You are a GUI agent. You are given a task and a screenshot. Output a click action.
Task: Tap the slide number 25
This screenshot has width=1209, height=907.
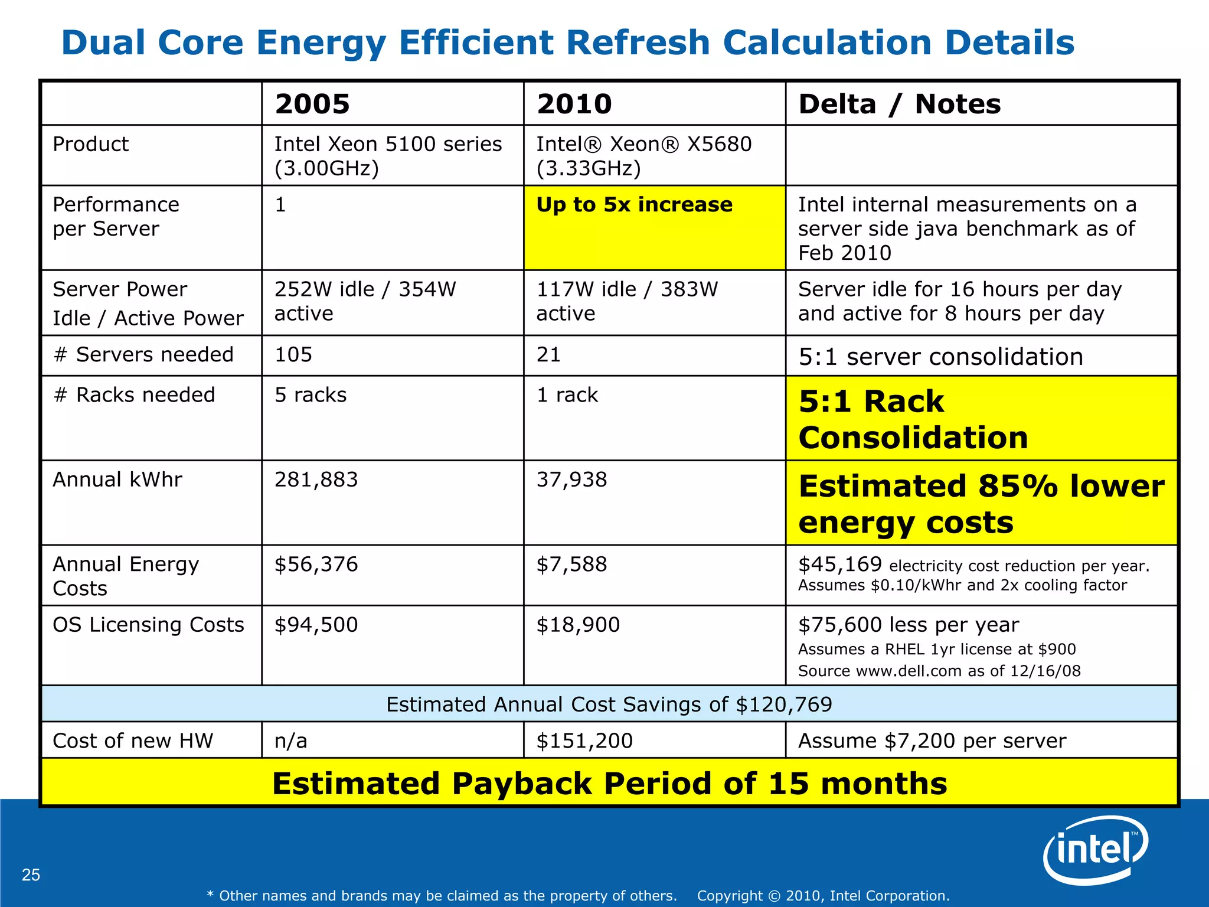(x=31, y=875)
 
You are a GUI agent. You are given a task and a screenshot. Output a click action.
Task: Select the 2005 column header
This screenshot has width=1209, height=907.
(x=312, y=104)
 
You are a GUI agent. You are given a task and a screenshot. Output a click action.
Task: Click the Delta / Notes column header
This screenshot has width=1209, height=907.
(x=899, y=104)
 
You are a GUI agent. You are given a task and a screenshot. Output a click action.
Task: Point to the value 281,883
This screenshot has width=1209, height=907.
(x=316, y=479)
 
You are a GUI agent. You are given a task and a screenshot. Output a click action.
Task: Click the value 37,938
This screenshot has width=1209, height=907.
(x=571, y=479)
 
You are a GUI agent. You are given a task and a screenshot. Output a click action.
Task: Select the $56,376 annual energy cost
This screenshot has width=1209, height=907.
(x=316, y=565)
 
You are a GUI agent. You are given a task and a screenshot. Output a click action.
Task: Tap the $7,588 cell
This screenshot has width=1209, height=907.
(x=571, y=565)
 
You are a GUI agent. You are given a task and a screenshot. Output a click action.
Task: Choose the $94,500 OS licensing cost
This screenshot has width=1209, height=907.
(x=316, y=625)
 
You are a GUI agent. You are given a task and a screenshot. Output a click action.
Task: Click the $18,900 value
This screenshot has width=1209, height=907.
(x=578, y=625)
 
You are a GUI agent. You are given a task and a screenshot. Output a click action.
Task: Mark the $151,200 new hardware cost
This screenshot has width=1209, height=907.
(x=584, y=740)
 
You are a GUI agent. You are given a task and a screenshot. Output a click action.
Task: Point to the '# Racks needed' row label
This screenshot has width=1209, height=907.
(x=134, y=394)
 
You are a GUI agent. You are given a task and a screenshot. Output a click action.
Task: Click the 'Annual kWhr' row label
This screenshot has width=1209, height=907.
(x=117, y=479)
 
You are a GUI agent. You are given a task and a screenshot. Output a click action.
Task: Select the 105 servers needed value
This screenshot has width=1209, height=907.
(x=293, y=354)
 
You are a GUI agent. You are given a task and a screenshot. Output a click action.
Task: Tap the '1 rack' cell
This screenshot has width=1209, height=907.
(x=567, y=394)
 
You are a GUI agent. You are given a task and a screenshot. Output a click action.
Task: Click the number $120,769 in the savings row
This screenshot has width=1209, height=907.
(x=784, y=704)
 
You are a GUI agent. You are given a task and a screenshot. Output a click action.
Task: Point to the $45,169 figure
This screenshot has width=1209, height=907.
(x=840, y=565)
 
